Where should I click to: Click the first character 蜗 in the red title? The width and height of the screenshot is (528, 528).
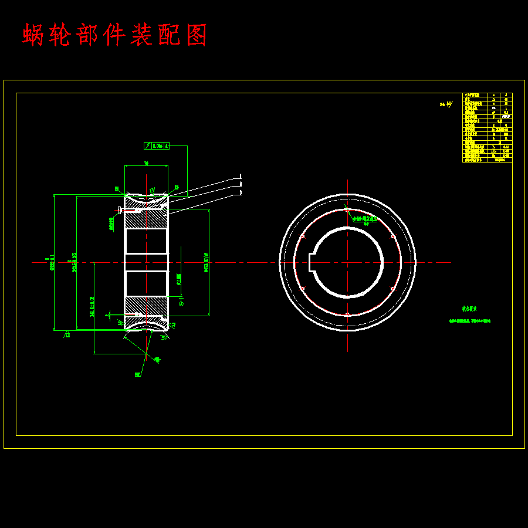tap(35, 35)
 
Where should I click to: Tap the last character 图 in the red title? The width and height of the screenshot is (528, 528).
tap(197, 35)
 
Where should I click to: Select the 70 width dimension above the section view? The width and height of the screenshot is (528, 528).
tap(146, 164)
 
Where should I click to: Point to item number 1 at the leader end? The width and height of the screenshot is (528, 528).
tap(241, 176)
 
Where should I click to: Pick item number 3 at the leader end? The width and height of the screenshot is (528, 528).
tap(241, 192)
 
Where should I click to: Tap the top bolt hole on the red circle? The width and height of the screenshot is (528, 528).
tap(347, 210)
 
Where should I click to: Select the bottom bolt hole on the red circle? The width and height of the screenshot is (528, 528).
tap(347, 314)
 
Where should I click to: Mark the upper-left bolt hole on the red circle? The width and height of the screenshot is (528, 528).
tap(302, 236)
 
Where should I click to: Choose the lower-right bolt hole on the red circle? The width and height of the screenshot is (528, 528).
tap(392, 288)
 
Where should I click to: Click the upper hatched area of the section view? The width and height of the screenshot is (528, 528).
tap(146, 219)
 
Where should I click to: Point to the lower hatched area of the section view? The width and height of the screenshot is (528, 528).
tap(146, 306)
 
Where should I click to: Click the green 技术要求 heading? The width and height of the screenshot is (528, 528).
tap(469, 308)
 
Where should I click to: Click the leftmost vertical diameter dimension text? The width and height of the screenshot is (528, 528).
tap(52, 262)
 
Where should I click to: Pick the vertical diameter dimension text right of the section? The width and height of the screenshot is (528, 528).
tap(207, 262)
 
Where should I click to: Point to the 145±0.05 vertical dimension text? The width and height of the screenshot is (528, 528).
tap(92, 306)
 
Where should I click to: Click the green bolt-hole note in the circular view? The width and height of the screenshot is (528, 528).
tap(365, 220)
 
